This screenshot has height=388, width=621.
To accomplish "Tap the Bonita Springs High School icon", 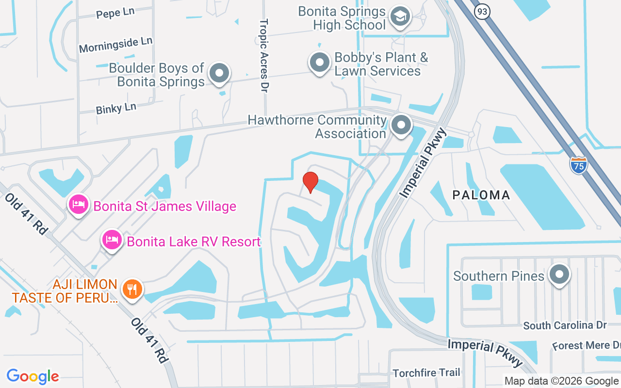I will point(401,17).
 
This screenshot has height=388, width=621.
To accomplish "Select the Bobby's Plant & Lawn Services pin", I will point(320,63).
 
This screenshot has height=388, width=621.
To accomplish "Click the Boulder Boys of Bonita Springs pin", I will point(219,74).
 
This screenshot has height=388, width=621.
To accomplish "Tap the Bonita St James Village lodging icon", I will point(78,206).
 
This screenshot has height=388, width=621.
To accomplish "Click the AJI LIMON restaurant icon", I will point(131,290).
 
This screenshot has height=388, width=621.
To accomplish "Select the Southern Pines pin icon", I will point(559,275).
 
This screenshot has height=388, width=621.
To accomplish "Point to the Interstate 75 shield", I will point(579,165).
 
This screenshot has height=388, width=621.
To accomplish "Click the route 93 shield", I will point(482,12).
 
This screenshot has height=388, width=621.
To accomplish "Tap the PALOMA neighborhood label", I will point(481,195).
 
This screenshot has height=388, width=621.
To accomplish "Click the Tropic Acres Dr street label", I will point(264,55).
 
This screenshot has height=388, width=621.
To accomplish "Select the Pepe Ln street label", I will point(115,13).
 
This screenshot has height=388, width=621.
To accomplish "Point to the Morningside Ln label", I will point(115,45).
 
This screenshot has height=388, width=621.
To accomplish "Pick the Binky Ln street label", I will point(116,108).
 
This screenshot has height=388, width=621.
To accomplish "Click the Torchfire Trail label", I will point(426,372).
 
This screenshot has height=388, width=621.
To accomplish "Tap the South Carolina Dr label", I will point(565,325).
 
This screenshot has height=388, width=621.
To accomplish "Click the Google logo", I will point(33,376).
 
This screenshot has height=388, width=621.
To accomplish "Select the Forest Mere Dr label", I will point(586,345).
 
